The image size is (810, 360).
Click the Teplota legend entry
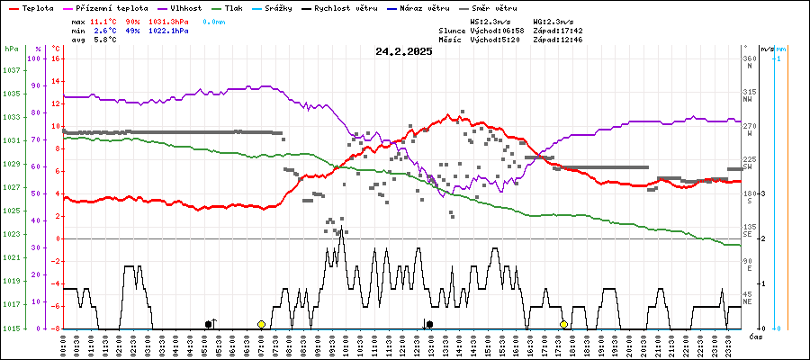pos(37,7)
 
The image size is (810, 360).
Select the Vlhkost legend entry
pos(186,7)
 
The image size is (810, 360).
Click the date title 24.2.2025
pos(404,51)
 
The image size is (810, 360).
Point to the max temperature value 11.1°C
pos(103,20)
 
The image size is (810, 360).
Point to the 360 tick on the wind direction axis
pos(749,58)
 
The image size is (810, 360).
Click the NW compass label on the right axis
pos(748,100)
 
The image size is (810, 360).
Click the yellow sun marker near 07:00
pos(261,324)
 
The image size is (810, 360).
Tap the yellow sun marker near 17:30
pos(563,324)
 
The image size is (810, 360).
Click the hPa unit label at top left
pos(11,49)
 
